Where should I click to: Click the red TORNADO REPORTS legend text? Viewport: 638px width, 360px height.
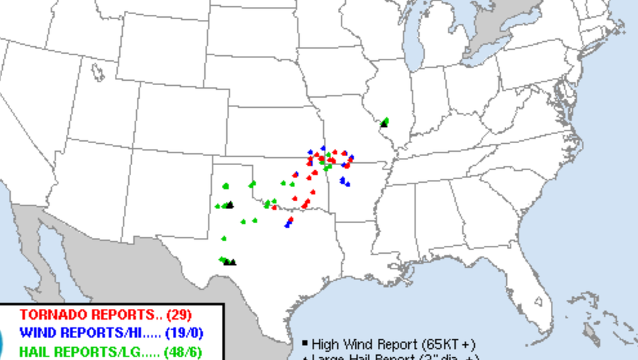88,315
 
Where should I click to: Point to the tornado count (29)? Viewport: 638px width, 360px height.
179,315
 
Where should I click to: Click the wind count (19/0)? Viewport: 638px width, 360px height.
184,332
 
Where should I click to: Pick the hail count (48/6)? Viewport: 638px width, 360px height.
185,351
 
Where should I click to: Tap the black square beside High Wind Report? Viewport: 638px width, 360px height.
303,343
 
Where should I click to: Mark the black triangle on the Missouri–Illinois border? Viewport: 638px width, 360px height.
384,124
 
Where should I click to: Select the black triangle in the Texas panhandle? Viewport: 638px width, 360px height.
230,205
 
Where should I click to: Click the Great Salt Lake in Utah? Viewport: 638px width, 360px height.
96,72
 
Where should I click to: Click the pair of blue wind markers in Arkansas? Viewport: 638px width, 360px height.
345,181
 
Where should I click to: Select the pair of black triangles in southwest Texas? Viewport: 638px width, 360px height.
230,262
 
